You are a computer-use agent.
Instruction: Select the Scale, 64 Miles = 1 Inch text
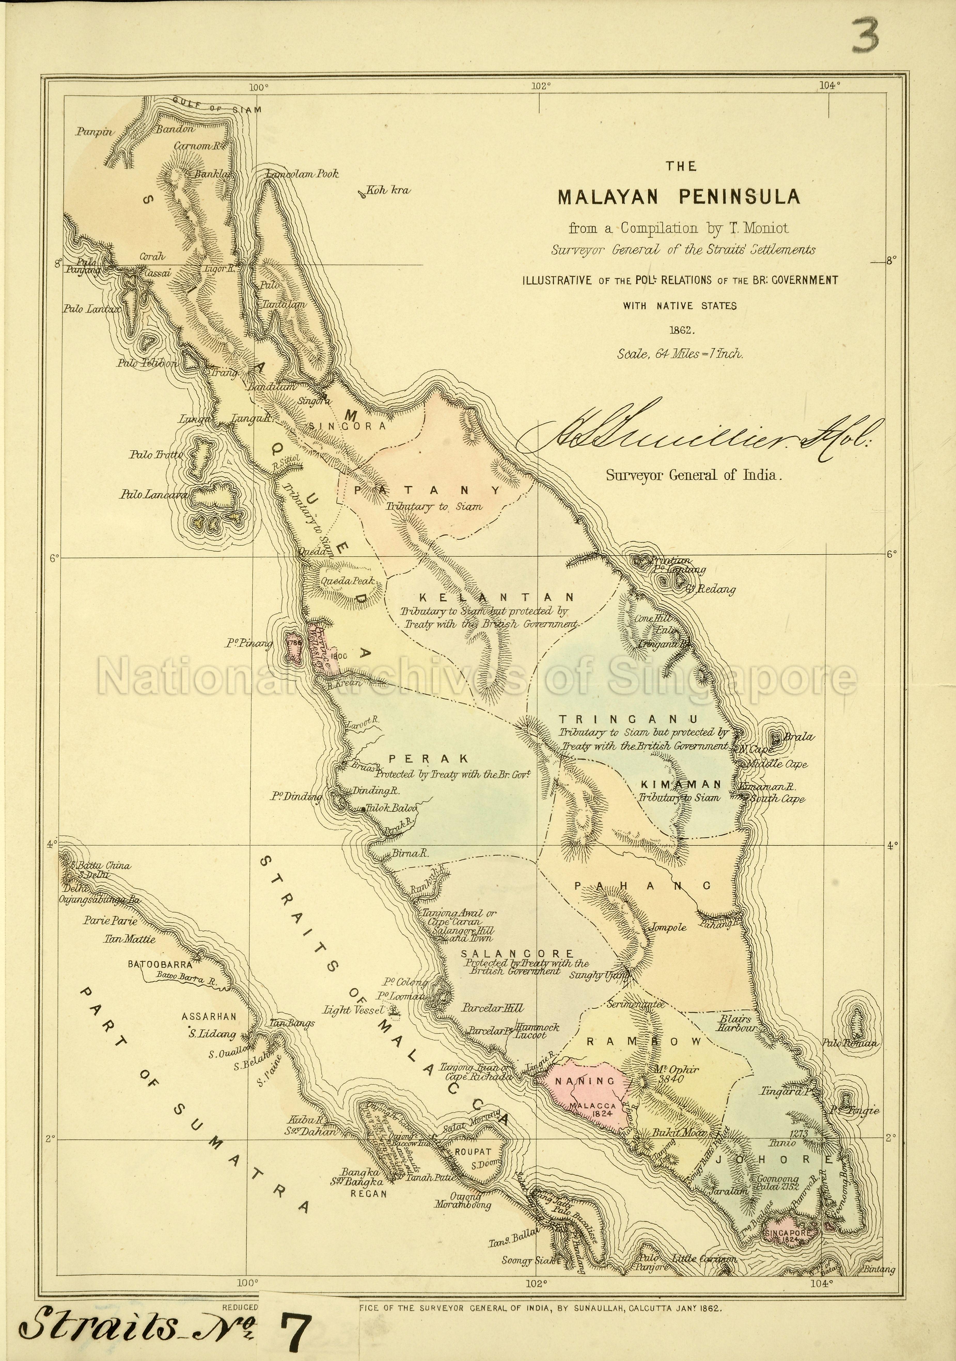coord(680,354)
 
